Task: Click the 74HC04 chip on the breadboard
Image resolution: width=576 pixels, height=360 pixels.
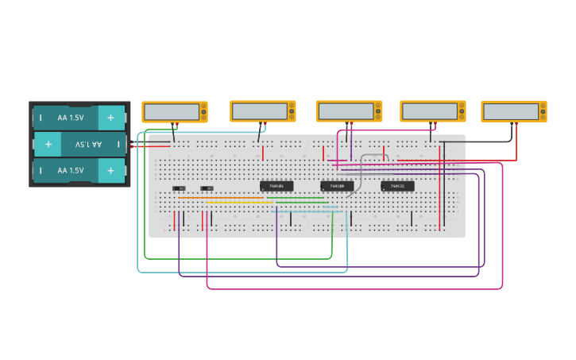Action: click(x=276, y=187)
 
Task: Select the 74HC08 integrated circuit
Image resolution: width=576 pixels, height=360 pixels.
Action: click(x=337, y=187)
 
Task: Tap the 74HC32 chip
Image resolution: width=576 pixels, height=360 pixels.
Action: click(x=397, y=187)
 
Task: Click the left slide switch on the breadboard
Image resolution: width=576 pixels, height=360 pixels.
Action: click(x=179, y=188)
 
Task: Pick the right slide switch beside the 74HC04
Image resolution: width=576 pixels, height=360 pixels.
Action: click(x=207, y=188)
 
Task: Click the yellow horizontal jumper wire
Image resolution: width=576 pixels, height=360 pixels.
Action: click(x=238, y=202)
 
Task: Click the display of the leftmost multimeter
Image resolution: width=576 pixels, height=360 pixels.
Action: click(x=172, y=112)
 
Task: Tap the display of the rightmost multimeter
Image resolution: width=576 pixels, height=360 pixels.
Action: click(x=511, y=112)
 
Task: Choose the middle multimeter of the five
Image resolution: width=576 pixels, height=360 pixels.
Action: click(x=349, y=111)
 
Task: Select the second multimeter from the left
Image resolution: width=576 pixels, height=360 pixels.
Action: click(x=263, y=111)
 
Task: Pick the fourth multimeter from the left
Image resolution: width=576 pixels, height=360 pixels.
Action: click(x=432, y=111)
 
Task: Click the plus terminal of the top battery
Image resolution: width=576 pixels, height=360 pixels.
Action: click(x=110, y=118)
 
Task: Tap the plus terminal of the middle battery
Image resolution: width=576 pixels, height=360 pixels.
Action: click(x=48, y=145)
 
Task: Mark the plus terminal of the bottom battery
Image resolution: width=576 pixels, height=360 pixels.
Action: click(x=110, y=171)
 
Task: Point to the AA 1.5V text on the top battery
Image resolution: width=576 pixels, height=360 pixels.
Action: click(x=70, y=118)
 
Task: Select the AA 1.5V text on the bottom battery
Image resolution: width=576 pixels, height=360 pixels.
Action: click(x=70, y=171)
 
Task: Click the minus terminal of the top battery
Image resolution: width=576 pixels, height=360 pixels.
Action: click(x=41, y=118)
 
